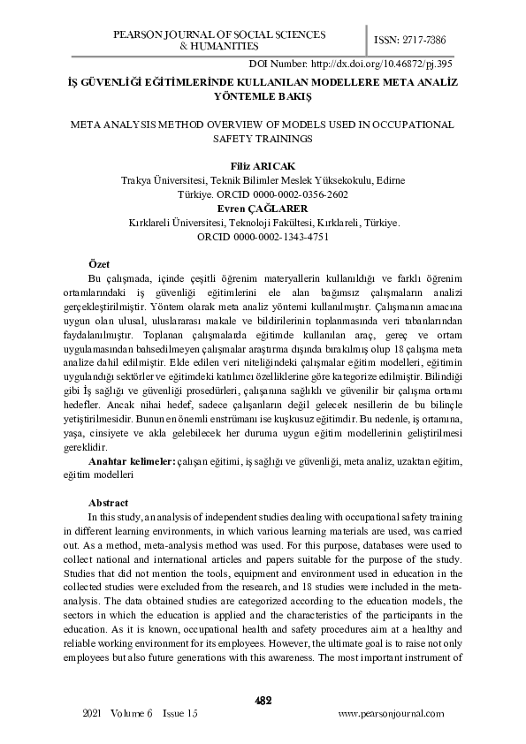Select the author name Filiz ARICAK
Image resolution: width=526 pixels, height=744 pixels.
(263, 165)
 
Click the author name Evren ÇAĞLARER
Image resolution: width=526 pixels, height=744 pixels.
(263, 209)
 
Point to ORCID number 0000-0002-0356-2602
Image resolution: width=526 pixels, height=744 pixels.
(300, 194)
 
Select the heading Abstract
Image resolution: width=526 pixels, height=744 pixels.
(109, 503)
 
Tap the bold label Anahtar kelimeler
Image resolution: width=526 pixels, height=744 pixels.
(133, 461)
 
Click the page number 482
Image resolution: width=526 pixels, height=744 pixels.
(263, 701)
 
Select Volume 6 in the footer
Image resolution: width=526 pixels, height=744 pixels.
(133, 713)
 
